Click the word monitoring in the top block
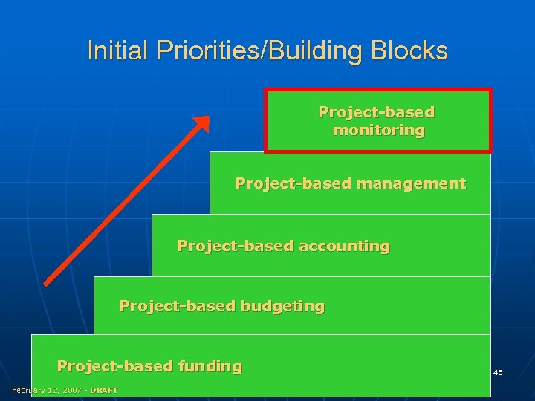point(378,131)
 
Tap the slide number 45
point(498,371)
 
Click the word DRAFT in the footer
point(104,391)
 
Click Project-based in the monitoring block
point(376,112)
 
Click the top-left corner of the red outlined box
point(266,91)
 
